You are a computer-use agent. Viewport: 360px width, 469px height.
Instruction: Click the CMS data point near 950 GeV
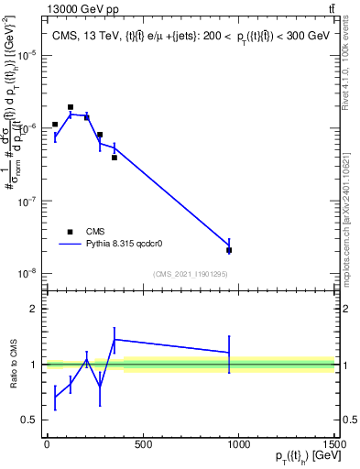click(x=229, y=250)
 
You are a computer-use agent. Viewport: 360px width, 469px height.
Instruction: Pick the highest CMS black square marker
click(x=71, y=107)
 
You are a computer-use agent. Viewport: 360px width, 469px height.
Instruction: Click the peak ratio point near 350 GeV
click(x=115, y=340)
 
